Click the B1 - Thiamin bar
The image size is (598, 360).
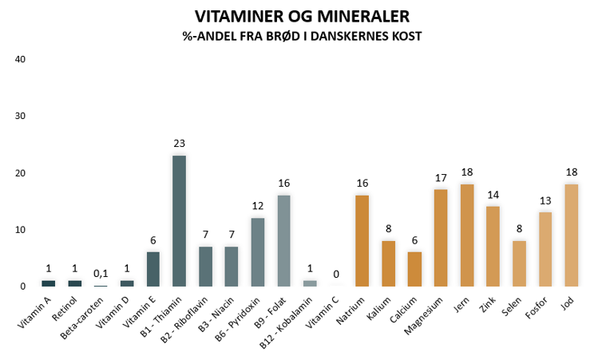(179, 221)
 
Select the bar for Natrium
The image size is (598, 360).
(362, 241)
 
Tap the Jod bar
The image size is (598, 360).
(571, 235)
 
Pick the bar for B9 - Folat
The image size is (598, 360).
(283, 241)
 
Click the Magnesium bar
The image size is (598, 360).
(440, 238)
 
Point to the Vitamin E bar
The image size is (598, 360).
(153, 269)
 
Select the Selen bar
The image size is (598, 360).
(518, 263)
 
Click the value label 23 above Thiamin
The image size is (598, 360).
(179, 144)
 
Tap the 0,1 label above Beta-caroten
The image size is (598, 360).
(101, 273)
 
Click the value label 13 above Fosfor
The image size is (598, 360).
(545, 200)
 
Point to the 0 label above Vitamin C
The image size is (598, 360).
(335, 274)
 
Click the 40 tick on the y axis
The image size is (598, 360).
(22, 59)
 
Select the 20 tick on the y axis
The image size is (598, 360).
(22, 173)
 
